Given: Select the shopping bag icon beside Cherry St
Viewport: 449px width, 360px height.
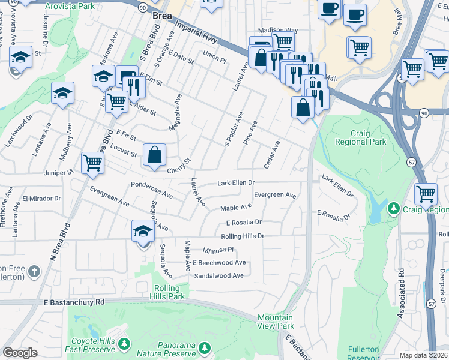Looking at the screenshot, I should (155, 155).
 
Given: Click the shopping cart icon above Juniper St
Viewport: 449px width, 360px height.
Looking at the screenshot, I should (92, 163).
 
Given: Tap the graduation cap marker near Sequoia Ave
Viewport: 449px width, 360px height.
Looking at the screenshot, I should (143, 231).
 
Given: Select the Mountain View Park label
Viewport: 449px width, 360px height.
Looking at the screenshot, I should (276, 322).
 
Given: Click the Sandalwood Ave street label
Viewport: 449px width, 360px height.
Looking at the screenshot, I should (219, 275).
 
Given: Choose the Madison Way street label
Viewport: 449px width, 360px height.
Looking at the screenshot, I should (278, 31).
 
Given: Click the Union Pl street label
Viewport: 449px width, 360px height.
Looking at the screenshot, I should (214, 55).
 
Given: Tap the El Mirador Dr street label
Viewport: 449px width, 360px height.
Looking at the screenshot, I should (41, 198).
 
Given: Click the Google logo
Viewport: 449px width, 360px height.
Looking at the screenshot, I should (20, 353).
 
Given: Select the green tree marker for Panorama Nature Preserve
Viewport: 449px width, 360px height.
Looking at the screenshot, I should (205, 348).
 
